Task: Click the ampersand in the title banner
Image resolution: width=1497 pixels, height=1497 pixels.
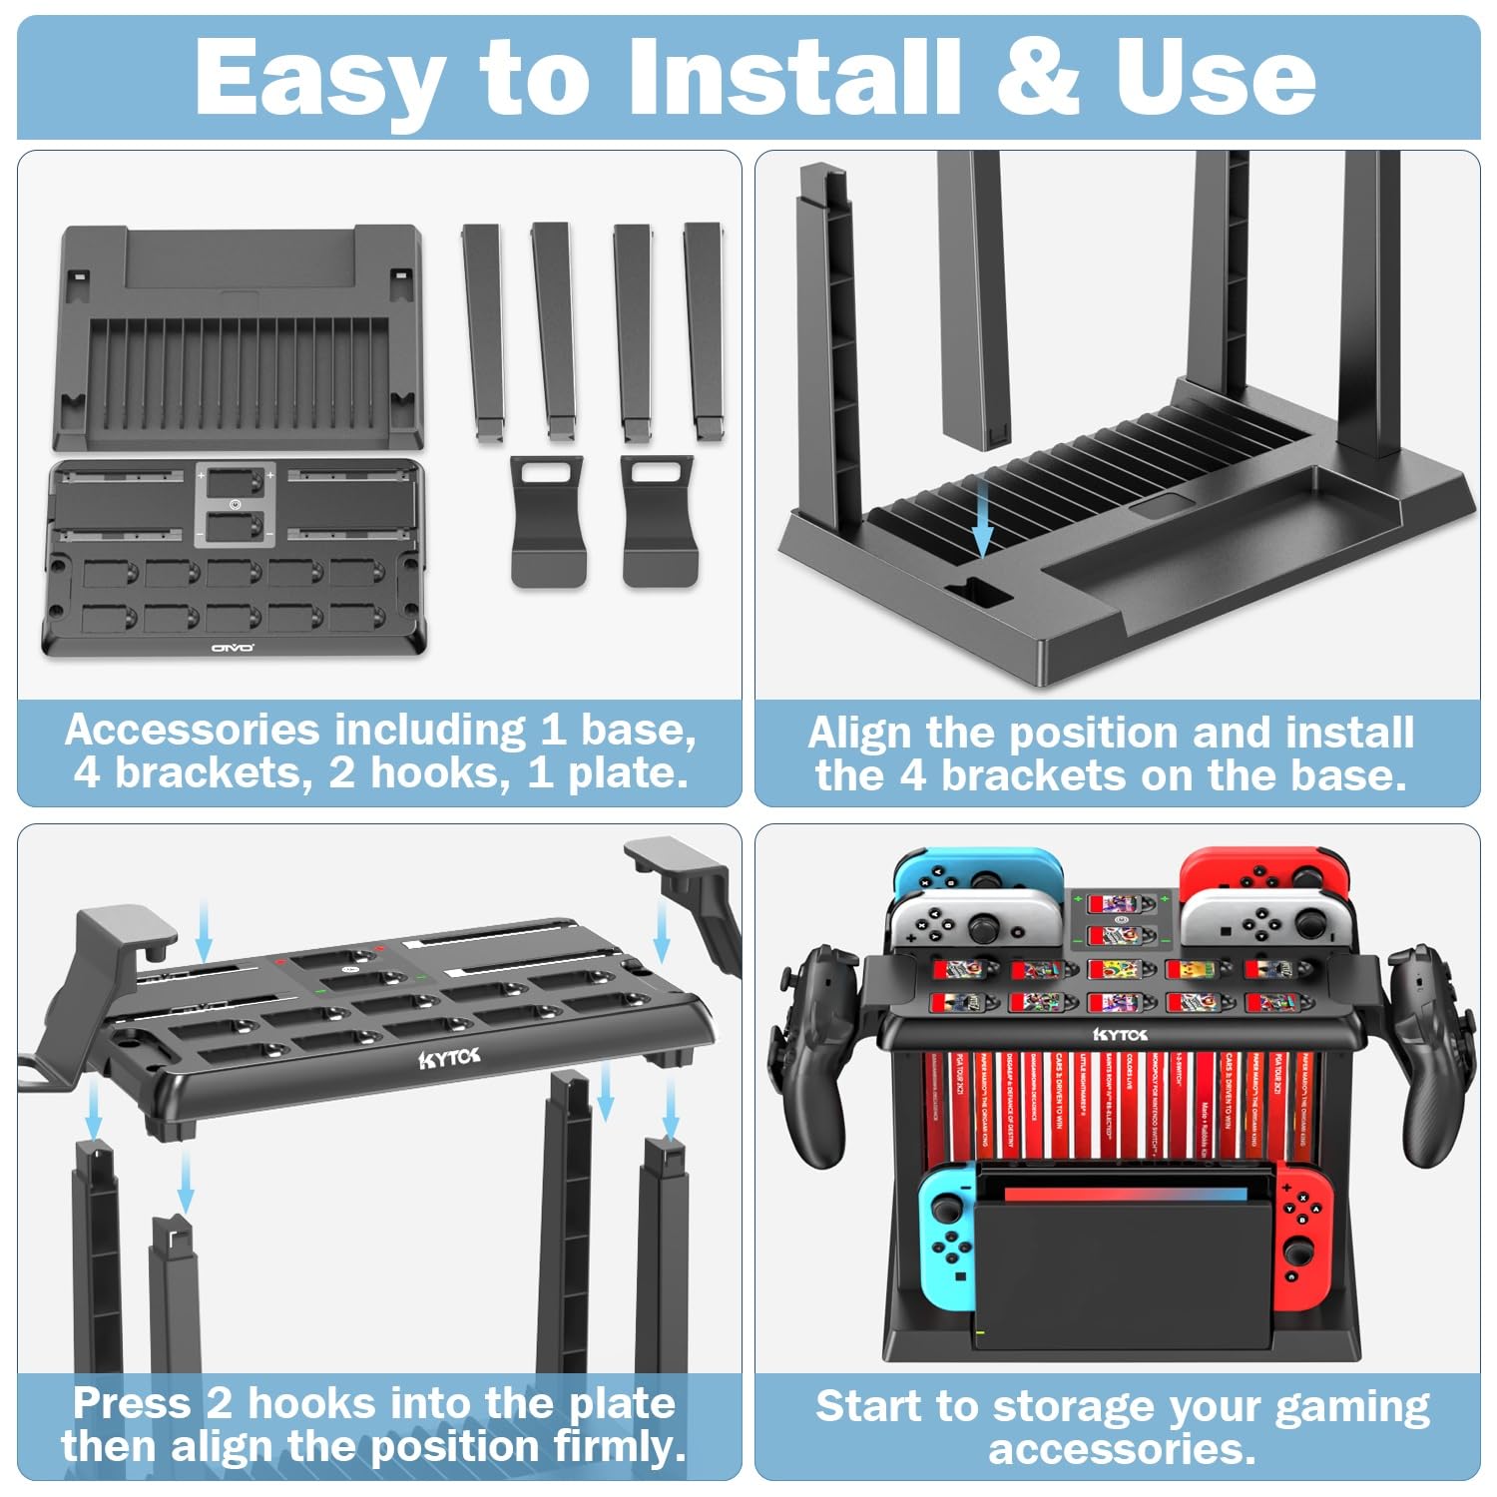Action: click(x=1037, y=78)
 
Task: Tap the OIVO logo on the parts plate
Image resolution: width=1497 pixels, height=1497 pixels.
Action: click(x=232, y=648)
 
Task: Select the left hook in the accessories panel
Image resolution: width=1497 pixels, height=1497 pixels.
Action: click(x=547, y=519)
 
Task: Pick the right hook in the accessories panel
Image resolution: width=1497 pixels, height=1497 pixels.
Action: click(x=658, y=519)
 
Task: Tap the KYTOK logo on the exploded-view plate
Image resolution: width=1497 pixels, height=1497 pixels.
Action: click(x=449, y=1058)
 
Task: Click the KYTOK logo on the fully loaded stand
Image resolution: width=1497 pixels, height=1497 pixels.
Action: click(x=1120, y=1034)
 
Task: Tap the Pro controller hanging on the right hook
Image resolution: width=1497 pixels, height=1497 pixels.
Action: click(x=1427, y=1058)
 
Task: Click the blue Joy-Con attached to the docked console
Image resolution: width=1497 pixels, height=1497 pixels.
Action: click(x=948, y=1238)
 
